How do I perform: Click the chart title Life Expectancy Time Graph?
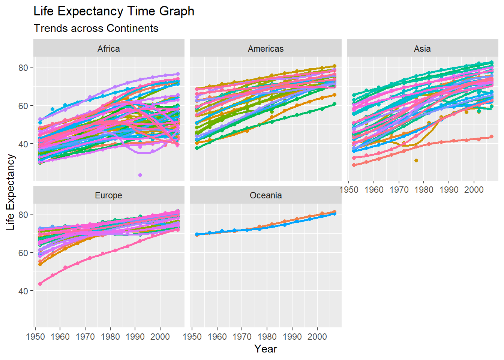coord(114,11)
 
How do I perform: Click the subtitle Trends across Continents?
coord(96,28)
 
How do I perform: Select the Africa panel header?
coord(109,49)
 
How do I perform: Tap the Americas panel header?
coord(265,49)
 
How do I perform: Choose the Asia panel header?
coord(422,49)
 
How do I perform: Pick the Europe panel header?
coord(109,195)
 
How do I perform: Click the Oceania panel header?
coord(265,195)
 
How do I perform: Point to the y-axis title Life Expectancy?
coord(10,192)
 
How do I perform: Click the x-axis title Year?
coord(265,349)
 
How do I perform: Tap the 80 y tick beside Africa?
coord(24,67)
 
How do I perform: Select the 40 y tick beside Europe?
coord(24,291)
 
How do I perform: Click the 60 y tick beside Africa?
coord(24,106)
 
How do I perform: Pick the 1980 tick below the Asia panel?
coord(424,190)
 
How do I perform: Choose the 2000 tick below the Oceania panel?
coord(317,336)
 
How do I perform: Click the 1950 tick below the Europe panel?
coord(35,336)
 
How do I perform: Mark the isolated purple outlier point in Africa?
coord(140,175)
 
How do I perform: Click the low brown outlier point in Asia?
coord(416,160)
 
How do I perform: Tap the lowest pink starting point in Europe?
coord(40,284)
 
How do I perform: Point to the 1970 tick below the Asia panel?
coord(399,190)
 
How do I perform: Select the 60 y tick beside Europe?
coord(24,253)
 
